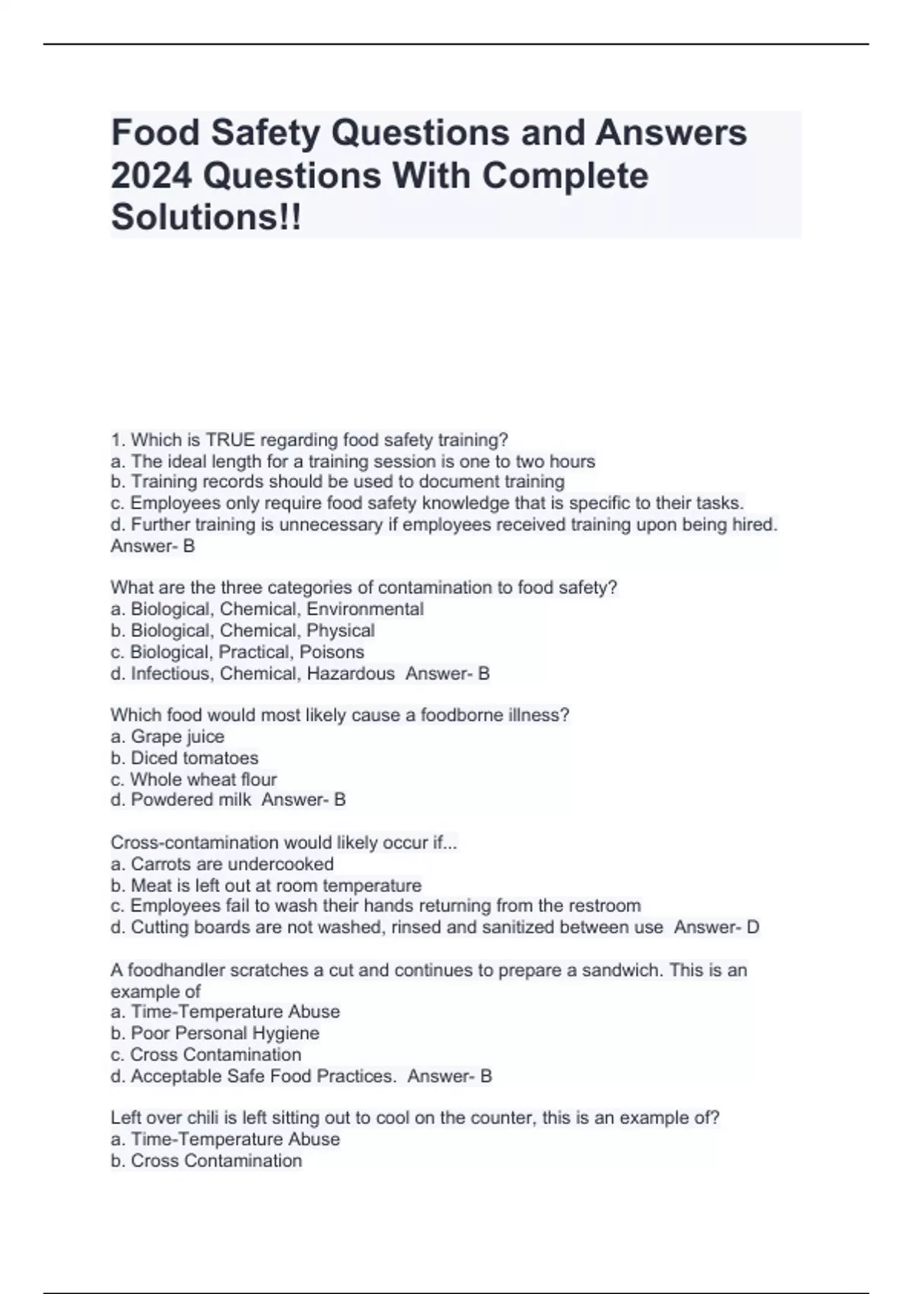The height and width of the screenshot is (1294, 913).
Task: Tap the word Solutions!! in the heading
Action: (206, 218)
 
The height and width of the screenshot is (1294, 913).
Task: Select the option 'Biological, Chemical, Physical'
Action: (243, 630)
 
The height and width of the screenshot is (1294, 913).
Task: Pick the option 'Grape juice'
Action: (167, 736)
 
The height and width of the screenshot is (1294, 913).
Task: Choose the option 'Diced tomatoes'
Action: (184, 757)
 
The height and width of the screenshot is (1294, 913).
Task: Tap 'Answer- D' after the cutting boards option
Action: (717, 927)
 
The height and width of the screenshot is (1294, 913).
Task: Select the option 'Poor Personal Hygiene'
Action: (215, 1033)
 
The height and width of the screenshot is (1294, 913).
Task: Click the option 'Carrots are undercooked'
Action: (222, 864)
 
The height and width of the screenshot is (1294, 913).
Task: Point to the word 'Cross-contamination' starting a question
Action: (194, 843)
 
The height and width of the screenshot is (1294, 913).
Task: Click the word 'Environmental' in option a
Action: (365, 609)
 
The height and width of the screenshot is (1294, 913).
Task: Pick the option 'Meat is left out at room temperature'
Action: (266, 885)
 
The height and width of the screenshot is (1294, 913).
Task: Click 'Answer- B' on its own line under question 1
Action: (153, 546)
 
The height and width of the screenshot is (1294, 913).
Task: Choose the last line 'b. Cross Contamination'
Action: (206, 1160)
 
